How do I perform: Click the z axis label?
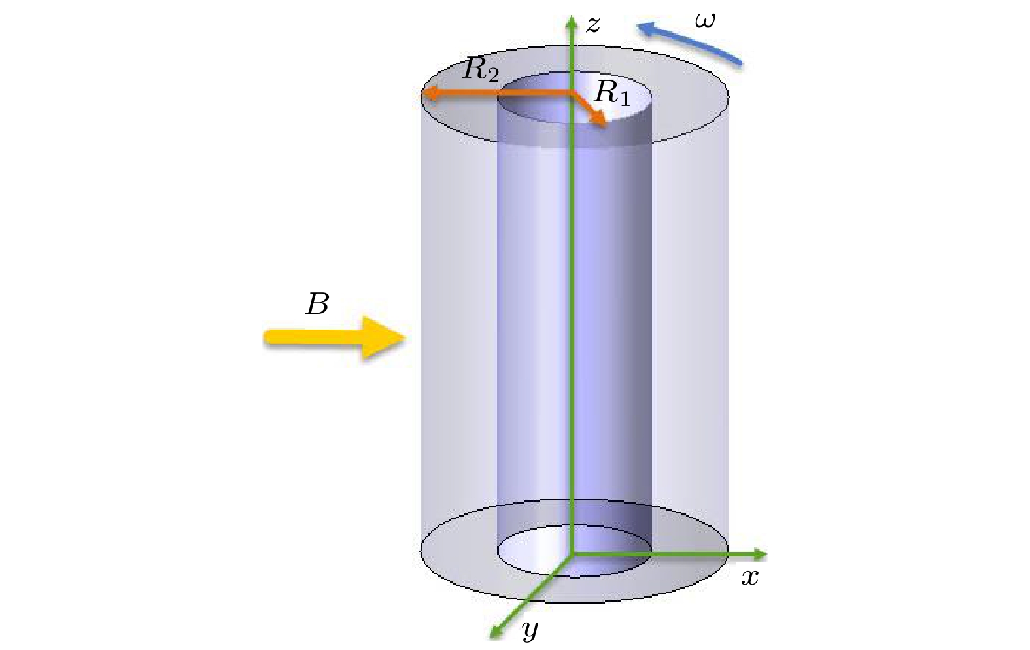coord(592,26)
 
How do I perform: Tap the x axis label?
coord(750,577)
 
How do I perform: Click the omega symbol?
coord(705,21)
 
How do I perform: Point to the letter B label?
coord(317,304)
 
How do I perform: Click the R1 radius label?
coord(611,94)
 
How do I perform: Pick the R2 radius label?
coord(481,71)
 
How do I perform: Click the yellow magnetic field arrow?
coord(334,338)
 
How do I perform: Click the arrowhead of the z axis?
coord(571,22)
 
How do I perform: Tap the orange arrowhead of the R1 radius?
coord(600,120)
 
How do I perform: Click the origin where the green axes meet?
coord(571,555)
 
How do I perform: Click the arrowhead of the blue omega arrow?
coord(645,29)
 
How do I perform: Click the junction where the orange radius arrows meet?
coord(572,94)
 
